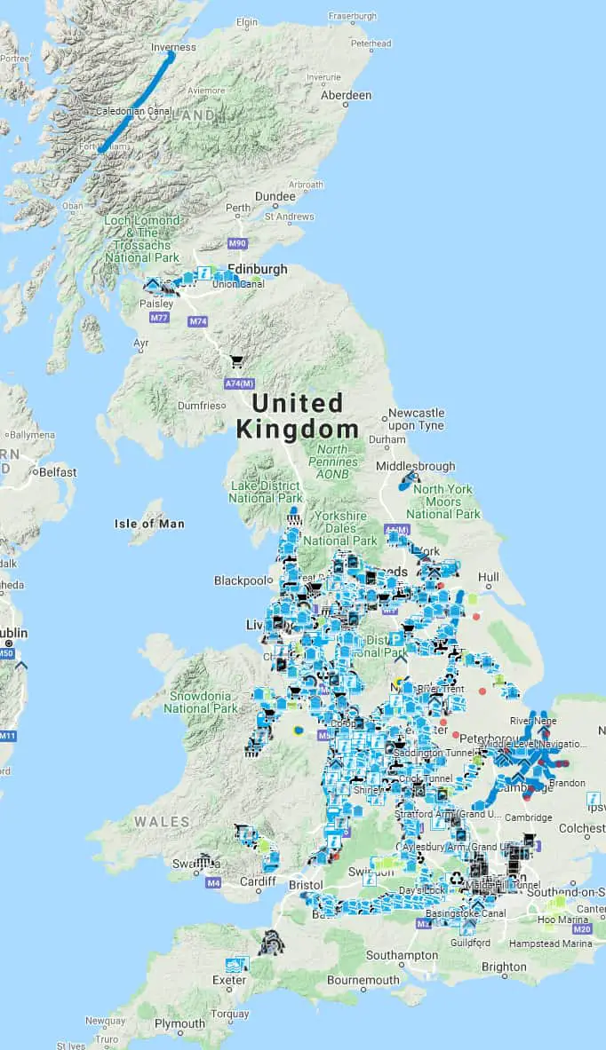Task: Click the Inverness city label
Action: [x=172, y=48]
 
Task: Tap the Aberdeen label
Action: [x=346, y=95]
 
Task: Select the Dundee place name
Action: [x=275, y=196]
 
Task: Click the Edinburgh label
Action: [x=258, y=269]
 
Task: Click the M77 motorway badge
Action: [x=159, y=318]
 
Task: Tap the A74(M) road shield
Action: [x=238, y=383]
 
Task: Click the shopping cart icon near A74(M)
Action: [x=237, y=361]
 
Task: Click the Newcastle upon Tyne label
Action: [x=415, y=419]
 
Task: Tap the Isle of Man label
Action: [x=149, y=524]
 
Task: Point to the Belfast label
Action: [x=57, y=472]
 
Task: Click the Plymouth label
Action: [x=179, y=1023]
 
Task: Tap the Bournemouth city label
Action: [x=363, y=980]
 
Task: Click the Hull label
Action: [x=488, y=576]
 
